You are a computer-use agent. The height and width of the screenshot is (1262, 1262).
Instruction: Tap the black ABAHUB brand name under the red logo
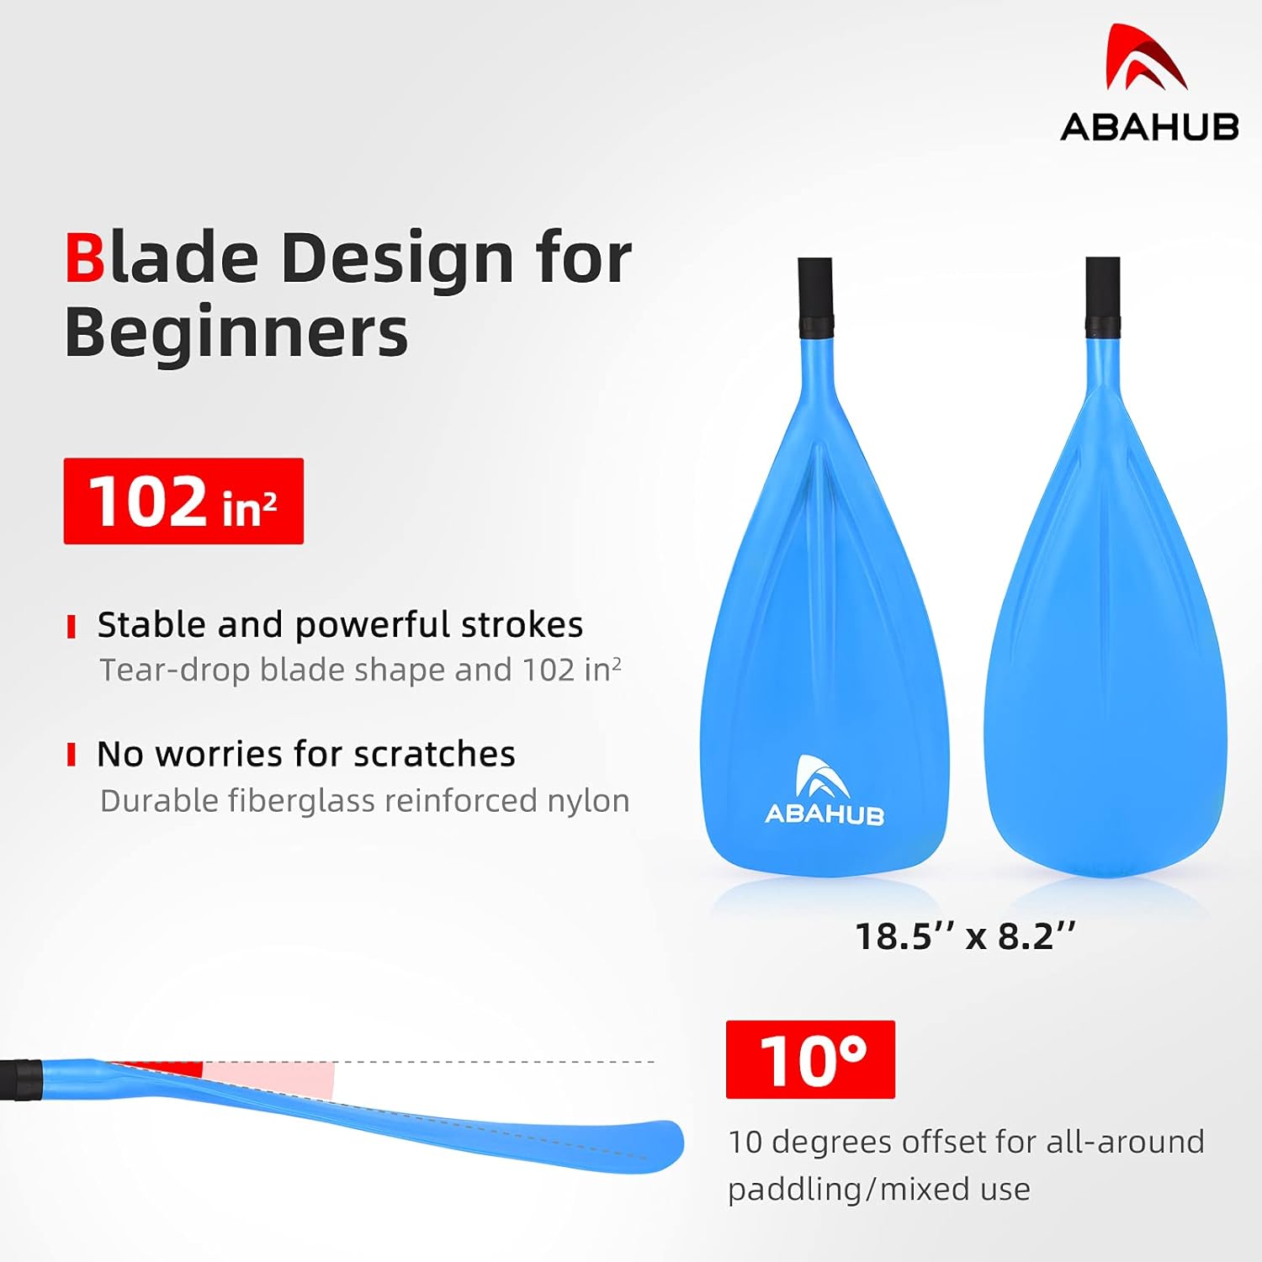(x=1149, y=127)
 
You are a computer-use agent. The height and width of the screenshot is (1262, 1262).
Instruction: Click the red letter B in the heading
(x=85, y=257)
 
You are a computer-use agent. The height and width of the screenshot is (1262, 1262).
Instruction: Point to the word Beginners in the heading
(x=236, y=332)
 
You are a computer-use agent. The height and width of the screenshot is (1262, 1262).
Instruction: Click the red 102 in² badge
(x=183, y=501)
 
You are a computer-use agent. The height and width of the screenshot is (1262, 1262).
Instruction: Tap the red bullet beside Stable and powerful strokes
(x=72, y=627)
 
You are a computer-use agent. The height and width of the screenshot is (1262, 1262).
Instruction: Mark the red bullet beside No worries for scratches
(x=72, y=755)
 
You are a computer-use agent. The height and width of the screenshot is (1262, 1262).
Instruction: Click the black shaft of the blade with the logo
(x=815, y=298)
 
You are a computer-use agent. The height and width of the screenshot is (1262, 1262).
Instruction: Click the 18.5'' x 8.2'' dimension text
(x=965, y=936)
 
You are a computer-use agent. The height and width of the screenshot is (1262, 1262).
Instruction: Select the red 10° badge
(x=810, y=1059)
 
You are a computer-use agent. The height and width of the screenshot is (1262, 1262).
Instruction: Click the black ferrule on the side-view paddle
(x=20, y=1080)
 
